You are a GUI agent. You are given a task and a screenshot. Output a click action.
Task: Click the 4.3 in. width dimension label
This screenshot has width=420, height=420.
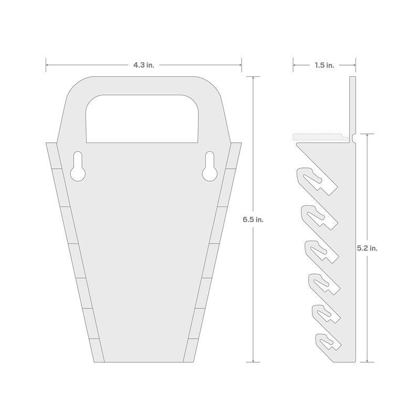tap(144, 65)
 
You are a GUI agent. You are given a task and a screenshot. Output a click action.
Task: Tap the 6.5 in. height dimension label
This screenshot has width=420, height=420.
tap(253, 219)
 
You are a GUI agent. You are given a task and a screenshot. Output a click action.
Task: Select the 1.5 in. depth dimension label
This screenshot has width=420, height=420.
tap(324, 65)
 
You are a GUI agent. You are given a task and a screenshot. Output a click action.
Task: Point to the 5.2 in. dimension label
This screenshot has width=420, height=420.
tap(367, 248)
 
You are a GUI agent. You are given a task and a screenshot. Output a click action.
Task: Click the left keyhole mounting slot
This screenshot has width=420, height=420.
tap(78, 166)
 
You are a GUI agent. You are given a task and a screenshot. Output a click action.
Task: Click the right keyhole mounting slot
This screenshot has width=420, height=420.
tap(209, 166)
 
